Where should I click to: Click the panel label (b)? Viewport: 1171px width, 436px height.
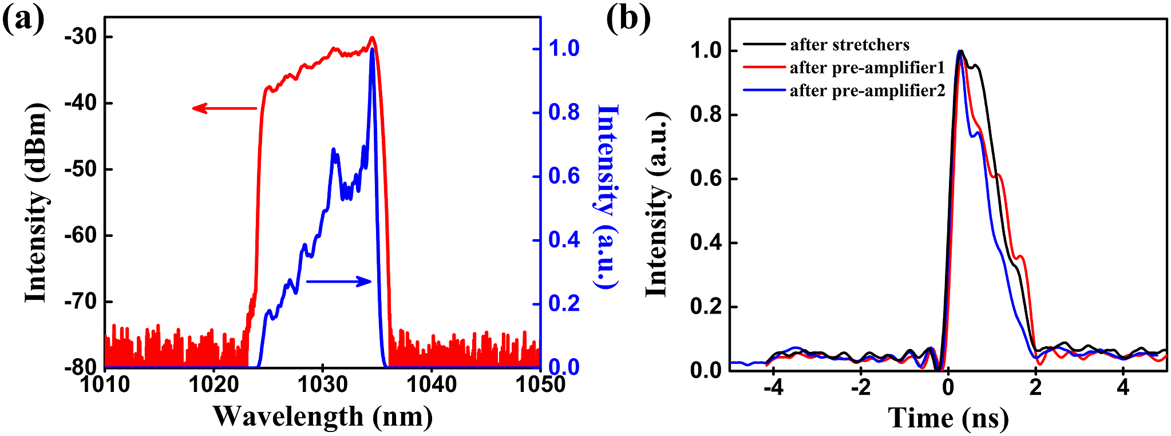(x=628, y=18)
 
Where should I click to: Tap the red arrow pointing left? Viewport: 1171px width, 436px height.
(x=224, y=108)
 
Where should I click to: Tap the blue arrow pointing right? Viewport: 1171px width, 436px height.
(x=339, y=281)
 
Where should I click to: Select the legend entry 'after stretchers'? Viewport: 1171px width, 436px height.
(x=849, y=45)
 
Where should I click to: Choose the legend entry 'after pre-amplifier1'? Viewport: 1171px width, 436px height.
(x=867, y=68)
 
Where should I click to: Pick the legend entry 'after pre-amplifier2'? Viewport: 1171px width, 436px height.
(x=867, y=91)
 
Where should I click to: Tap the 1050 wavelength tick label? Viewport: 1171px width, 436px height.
(x=540, y=385)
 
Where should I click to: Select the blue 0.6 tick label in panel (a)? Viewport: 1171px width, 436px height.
(x=564, y=176)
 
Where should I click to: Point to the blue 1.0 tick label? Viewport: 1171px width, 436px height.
(x=564, y=49)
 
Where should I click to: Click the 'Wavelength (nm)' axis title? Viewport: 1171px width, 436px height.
(x=323, y=417)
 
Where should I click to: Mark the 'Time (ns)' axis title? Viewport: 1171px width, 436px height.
(x=948, y=418)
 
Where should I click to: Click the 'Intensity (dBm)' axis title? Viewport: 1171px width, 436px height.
(x=35, y=203)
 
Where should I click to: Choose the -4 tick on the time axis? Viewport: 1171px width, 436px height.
(x=773, y=387)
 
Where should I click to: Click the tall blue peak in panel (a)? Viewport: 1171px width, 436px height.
(x=372, y=51)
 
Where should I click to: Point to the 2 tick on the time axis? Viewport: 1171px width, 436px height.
(x=1035, y=387)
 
